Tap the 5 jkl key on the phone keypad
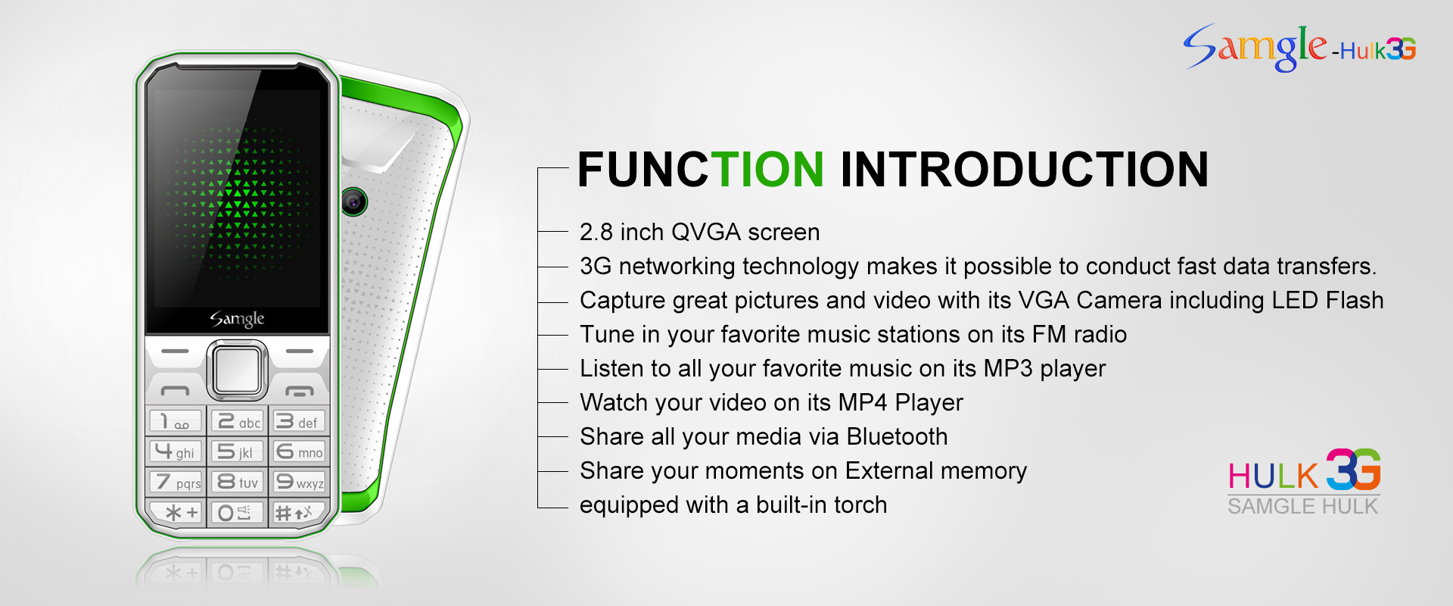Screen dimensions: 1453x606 click(238, 451)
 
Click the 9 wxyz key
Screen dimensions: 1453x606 click(298, 481)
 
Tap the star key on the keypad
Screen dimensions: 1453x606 click(176, 512)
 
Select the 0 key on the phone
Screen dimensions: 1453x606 click(237, 512)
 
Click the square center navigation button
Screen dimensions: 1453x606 click(238, 370)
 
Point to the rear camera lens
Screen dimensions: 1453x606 click(353, 201)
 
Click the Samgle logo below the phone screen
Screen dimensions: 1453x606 click(237, 319)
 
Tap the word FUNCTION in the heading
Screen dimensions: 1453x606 click(701, 169)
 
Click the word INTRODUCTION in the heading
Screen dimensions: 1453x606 click(1025, 169)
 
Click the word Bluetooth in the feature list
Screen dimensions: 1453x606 click(897, 436)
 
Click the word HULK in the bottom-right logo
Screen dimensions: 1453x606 click(1273, 476)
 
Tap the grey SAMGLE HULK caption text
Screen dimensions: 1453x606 click(1302, 506)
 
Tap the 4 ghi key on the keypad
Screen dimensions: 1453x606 click(176, 451)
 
